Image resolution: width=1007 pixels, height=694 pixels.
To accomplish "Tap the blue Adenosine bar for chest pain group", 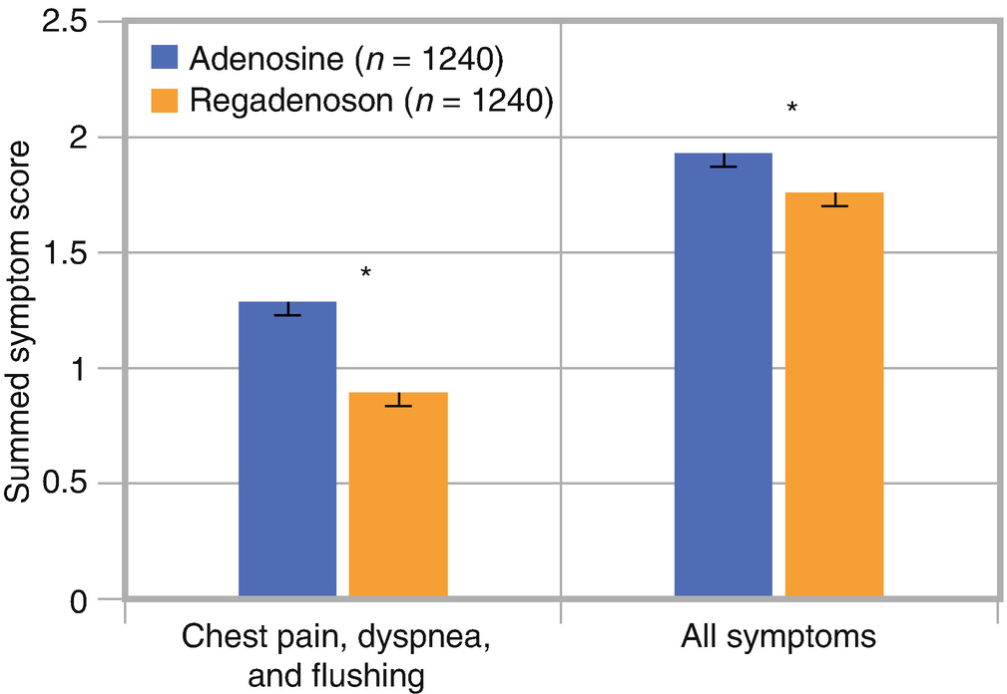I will [287, 450].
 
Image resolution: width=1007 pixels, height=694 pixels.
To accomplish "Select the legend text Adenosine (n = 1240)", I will [344, 59].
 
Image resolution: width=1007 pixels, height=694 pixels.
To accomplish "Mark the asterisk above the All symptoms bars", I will [791, 106].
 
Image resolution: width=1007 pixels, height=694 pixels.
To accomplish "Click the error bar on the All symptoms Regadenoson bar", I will [833, 198].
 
